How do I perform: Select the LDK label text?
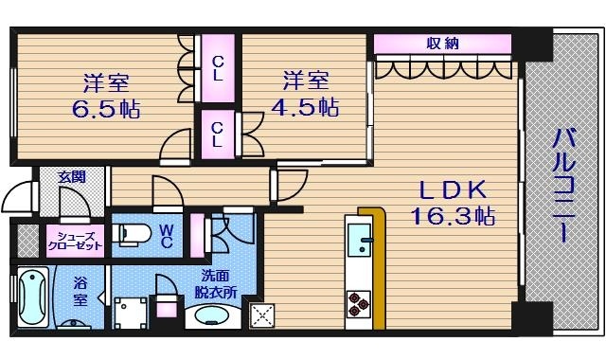pyautogui.click(x=451, y=189)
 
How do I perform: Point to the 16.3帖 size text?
pyautogui.click(x=453, y=217)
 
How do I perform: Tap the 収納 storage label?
pyautogui.click(x=441, y=43)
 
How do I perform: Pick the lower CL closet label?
pyautogui.click(x=217, y=134)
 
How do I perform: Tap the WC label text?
pyautogui.click(x=166, y=235)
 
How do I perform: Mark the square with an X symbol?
pyautogui.click(x=260, y=315)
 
